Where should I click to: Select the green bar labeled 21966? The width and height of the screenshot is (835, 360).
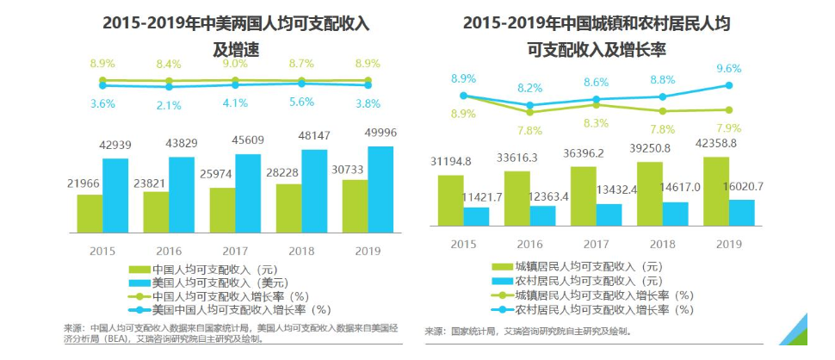point(90,214)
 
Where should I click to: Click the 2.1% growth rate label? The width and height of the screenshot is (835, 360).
point(169,105)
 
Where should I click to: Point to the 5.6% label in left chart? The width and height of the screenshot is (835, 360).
point(302,102)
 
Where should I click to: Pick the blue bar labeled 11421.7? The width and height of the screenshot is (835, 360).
point(476,219)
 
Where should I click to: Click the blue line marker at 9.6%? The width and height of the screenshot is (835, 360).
point(729,85)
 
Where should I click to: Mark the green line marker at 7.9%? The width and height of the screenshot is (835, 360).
point(729,109)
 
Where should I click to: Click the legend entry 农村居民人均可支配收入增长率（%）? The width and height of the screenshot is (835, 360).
point(594,309)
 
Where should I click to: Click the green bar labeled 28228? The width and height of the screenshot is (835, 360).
point(289,208)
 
